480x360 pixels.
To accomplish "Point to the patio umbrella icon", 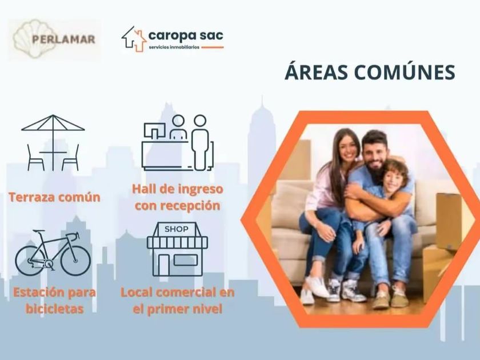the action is pyautogui.click(x=53, y=143).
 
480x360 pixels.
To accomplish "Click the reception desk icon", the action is pyautogui.click(x=178, y=142).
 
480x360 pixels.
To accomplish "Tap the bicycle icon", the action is pyautogui.click(x=53, y=253).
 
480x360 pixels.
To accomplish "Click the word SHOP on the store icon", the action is pyautogui.click(x=177, y=229).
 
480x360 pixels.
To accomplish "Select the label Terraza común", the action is pyautogui.click(x=54, y=197).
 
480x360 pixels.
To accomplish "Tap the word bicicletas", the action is pyautogui.click(x=54, y=309).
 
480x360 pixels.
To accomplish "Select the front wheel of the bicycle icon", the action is pyautogui.click(x=75, y=260).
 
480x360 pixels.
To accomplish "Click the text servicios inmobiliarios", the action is pyautogui.click(x=174, y=47).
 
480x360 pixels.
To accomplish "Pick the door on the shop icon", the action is pyautogui.click(x=163, y=265).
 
